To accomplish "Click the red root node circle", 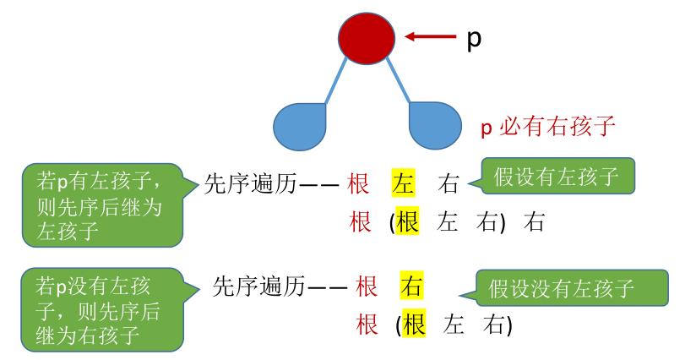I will pyautogui.click(x=367, y=36).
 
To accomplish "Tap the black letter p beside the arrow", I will pyautogui.click(x=474, y=39).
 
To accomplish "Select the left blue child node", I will pyautogui.click(x=300, y=127).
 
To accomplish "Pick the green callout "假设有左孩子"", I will pyautogui.click(x=557, y=177).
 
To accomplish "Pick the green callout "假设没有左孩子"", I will pyautogui.click(x=572, y=288).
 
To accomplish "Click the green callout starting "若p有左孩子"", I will pyautogui.click(x=102, y=205).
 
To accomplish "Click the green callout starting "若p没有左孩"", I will pyautogui.click(x=102, y=310).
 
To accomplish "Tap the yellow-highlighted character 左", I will pyautogui.click(x=404, y=183).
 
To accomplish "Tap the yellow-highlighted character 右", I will pyautogui.click(x=411, y=286).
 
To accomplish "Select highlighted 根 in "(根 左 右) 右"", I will pyautogui.click(x=408, y=222).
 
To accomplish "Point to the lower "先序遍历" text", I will pyautogui.click(x=258, y=286).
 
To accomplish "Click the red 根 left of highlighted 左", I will pyautogui.click(x=359, y=183).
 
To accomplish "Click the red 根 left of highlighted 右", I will pyautogui.click(x=367, y=286).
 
